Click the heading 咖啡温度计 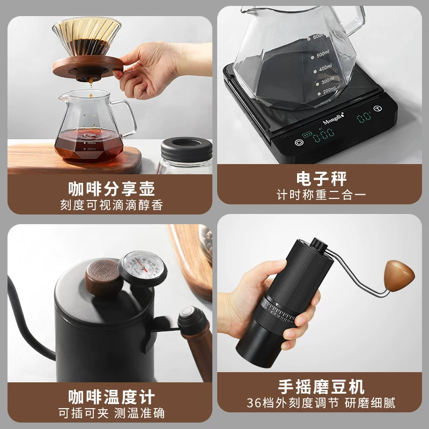[112, 397]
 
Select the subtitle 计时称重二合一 [321, 194]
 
